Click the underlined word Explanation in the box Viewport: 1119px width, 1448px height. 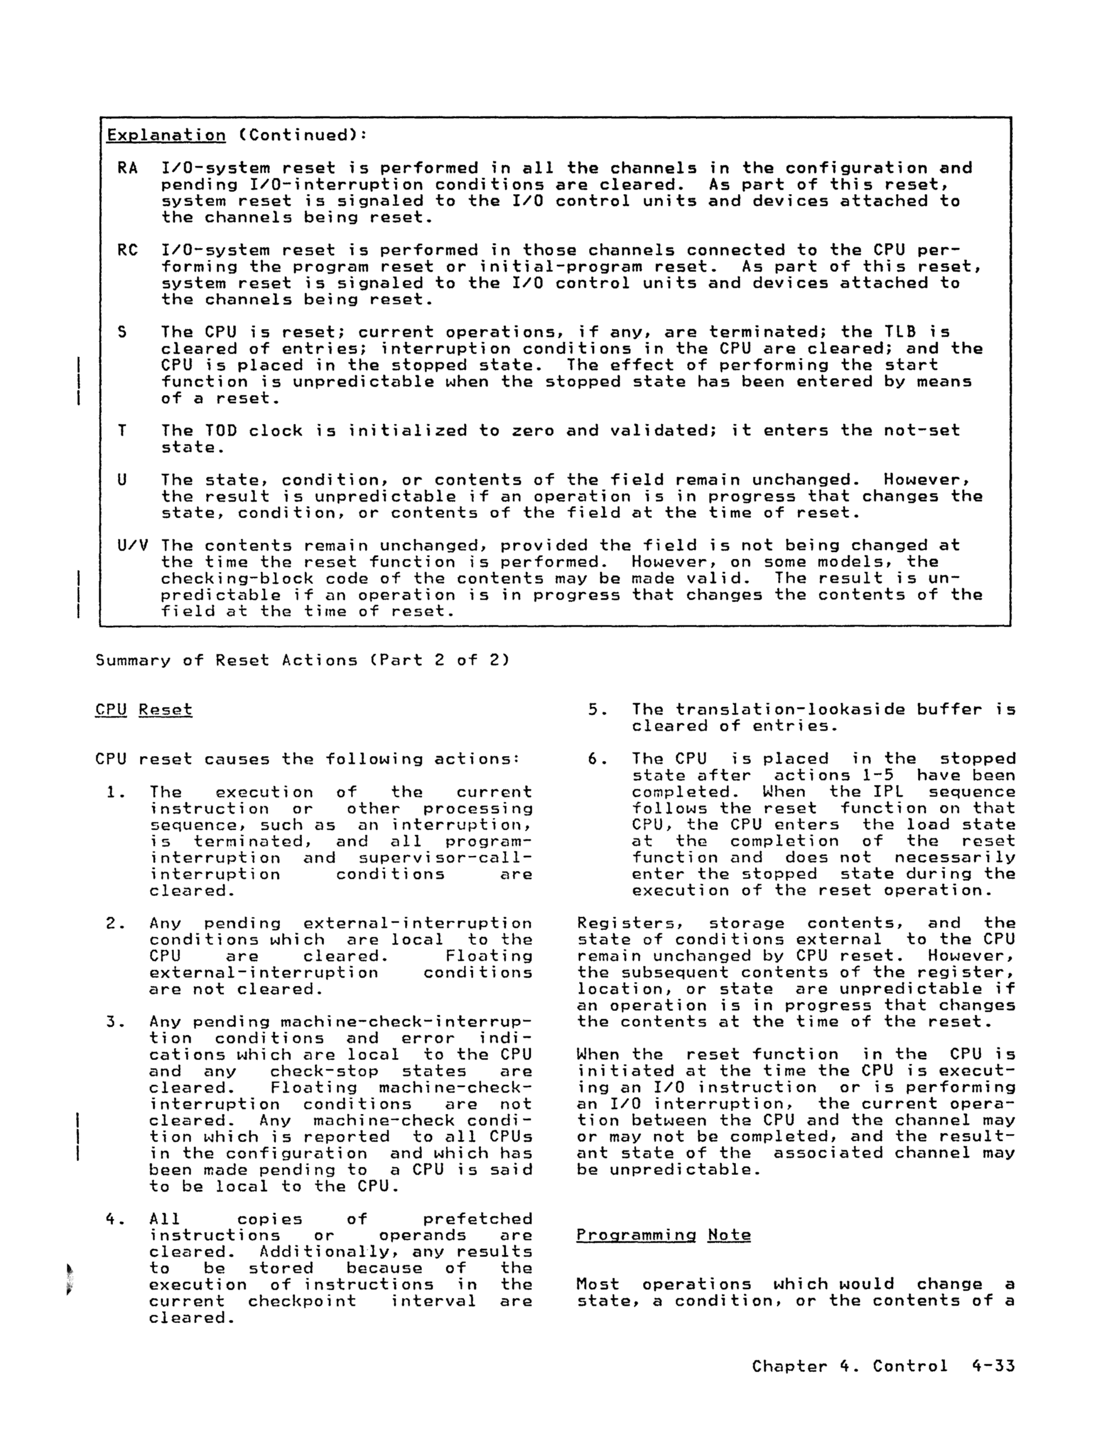166,135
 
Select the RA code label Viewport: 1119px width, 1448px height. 127,168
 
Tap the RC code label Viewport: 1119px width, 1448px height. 127,251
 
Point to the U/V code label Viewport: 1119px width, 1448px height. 132,546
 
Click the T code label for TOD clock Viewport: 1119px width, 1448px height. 122,431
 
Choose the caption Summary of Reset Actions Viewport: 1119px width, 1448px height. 302,661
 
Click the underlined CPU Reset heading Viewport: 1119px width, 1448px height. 143,710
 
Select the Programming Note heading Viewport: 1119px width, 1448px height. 663,1235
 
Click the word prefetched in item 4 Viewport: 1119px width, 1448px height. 477,1219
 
